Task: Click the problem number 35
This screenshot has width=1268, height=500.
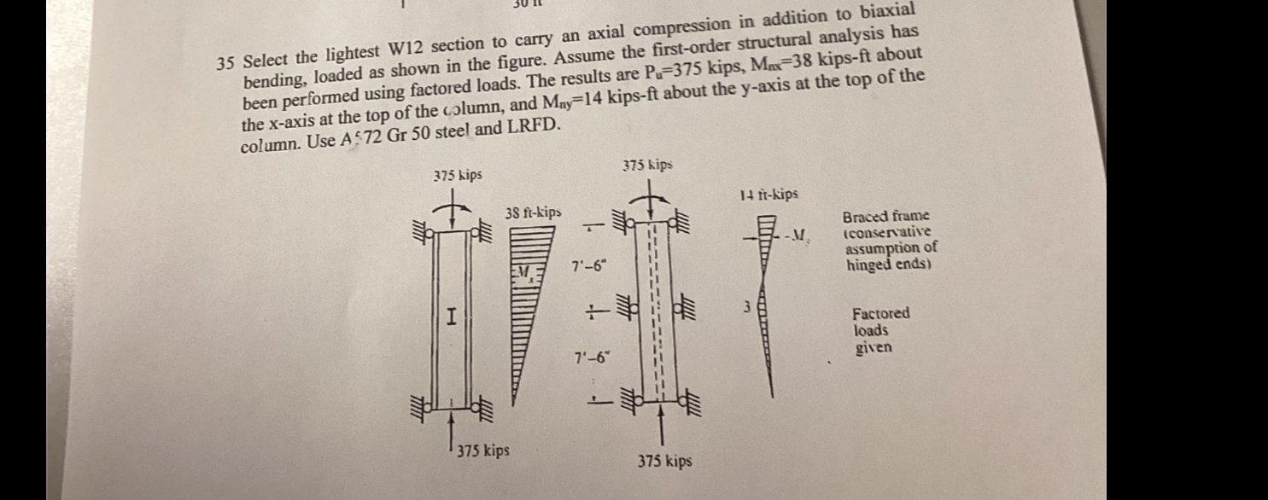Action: [225, 63]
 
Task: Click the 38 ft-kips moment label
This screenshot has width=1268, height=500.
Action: [533, 212]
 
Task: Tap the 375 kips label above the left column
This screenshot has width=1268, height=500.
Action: [457, 175]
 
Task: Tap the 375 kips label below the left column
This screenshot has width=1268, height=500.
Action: [483, 449]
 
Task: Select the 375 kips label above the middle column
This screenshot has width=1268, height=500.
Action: [647, 164]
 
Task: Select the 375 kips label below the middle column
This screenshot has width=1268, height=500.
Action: [665, 462]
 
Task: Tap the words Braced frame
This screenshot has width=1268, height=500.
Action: [885, 217]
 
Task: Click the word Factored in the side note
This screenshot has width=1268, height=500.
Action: [881, 313]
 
